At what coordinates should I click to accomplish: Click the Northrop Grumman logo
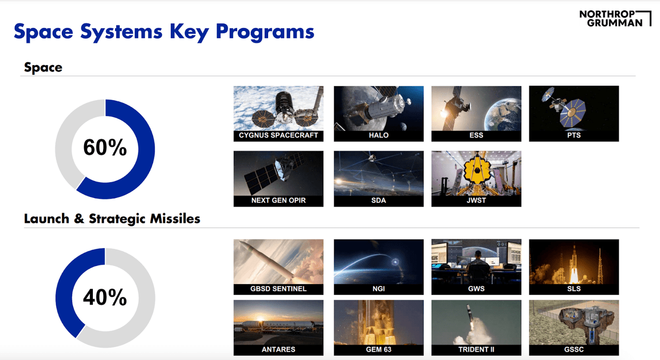(x=610, y=18)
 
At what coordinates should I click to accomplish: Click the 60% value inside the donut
(x=105, y=149)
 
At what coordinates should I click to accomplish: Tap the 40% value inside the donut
(x=105, y=298)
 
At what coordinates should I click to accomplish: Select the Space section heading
(x=43, y=68)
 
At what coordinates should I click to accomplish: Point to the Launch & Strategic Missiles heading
(x=112, y=219)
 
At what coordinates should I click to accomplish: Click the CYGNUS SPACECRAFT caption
(x=278, y=136)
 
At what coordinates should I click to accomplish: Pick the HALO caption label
(x=378, y=136)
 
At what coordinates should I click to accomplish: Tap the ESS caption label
(x=476, y=136)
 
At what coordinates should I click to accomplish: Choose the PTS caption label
(x=573, y=136)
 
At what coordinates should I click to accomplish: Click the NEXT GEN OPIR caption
(x=278, y=201)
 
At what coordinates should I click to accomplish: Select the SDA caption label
(x=378, y=201)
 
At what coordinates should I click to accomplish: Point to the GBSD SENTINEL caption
(x=278, y=289)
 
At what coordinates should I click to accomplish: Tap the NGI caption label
(x=378, y=289)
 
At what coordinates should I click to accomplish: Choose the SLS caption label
(x=573, y=289)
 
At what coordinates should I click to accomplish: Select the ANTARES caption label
(x=278, y=349)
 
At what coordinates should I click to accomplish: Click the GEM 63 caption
(x=378, y=349)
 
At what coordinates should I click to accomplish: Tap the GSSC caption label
(x=573, y=349)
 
